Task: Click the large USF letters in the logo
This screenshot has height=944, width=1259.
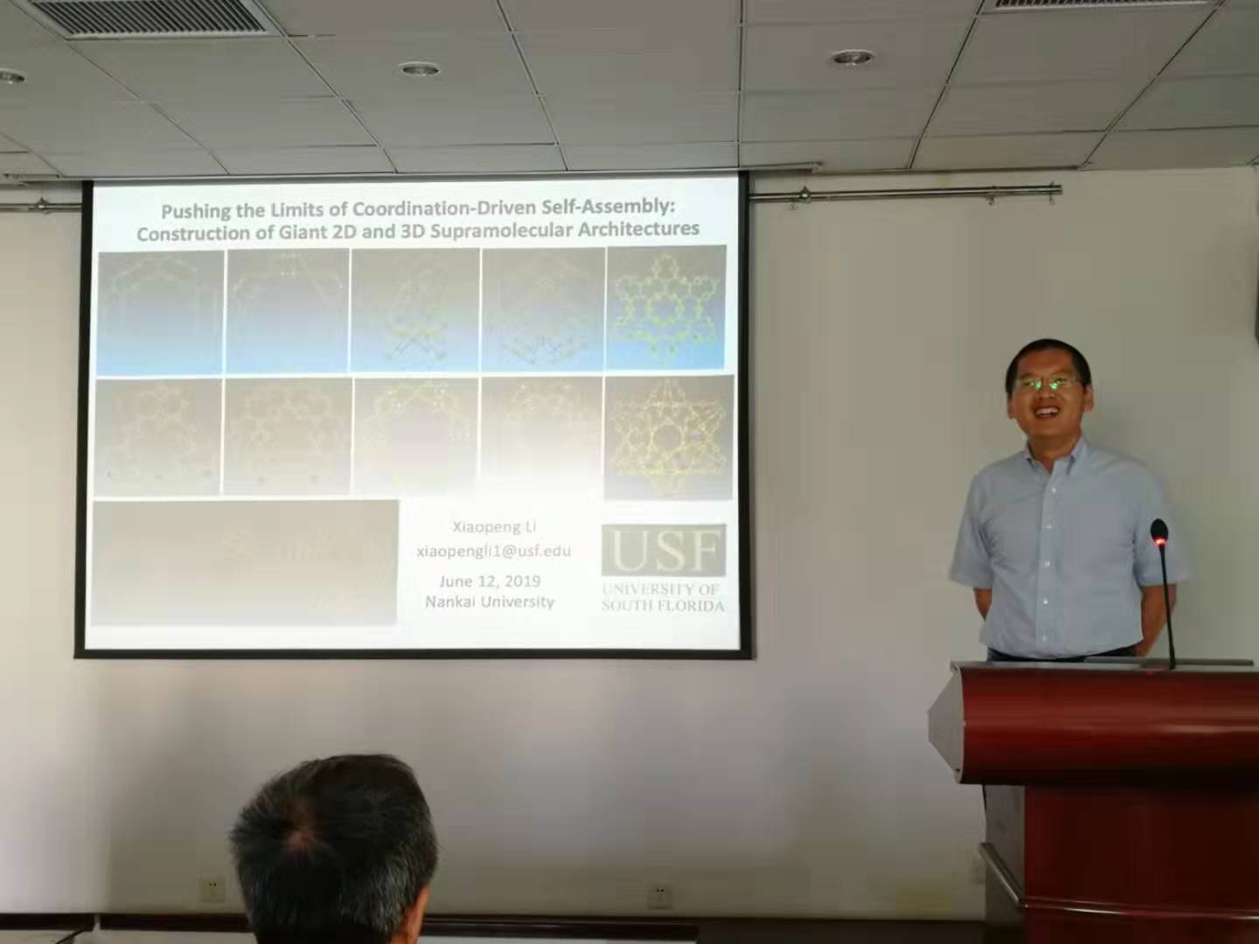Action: click(664, 551)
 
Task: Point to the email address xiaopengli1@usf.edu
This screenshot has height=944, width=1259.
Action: click(494, 551)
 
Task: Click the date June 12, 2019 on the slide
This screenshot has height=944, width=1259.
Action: click(490, 580)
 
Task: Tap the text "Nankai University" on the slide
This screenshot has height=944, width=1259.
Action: click(490, 601)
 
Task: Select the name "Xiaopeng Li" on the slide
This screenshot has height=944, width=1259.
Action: click(494, 526)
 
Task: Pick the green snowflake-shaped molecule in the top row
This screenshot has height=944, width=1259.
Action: click(666, 306)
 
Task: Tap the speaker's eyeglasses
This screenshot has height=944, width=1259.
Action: click(1046, 383)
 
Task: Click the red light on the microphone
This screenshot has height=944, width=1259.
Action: click(1159, 542)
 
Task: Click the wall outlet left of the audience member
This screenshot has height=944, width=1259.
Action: click(212, 890)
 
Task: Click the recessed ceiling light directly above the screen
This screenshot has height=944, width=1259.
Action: click(420, 68)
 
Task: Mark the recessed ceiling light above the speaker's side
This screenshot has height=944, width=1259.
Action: click(852, 58)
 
